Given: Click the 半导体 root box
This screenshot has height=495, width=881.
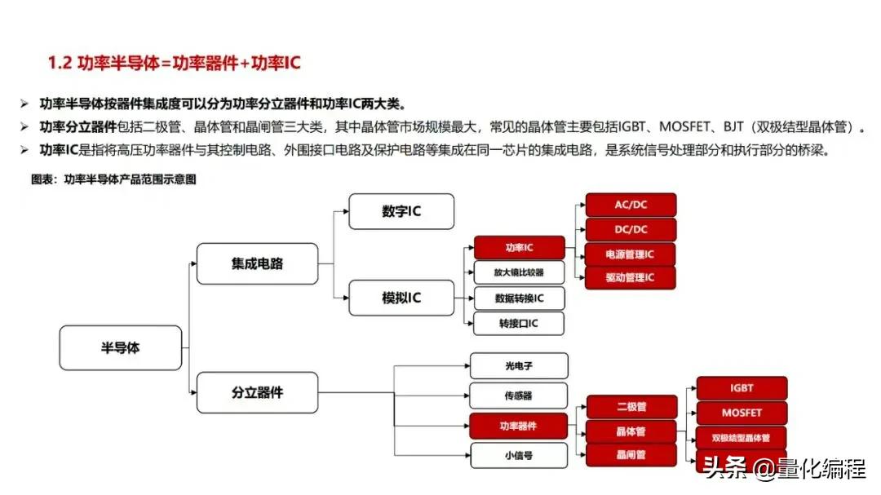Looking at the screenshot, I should pyautogui.click(x=121, y=347).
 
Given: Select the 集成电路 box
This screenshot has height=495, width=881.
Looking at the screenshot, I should pyautogui.click(x=257, y=263).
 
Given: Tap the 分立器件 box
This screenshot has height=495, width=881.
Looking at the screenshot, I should pyautogui.click(x=257, y=392).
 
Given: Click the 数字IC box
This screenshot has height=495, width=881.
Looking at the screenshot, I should pyautogui.click(x=401, y=211).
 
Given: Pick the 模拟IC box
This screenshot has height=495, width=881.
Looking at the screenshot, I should pyautogui.click(x=401, y=298).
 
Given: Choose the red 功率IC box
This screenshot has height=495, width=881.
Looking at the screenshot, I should pyautogui.click(x=520, y=247).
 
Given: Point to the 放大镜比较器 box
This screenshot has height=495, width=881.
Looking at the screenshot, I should pyautogui.click(x=520, y=272).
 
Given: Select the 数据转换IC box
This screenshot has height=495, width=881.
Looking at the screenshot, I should pyautogui.click(x=520, y=298).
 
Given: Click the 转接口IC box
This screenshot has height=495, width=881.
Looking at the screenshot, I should pyautogui.click(x=520, y=323).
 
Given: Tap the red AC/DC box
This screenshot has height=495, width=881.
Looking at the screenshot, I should pyautogui.click(x=631, y=205).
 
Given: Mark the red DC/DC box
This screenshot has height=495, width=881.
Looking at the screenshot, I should pyautogui.click(x=631, y=229).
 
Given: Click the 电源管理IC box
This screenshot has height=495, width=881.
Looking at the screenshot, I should pyautogui.click(x=631, y=254).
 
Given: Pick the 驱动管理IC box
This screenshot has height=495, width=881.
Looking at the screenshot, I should pyautogui.click(x=631, y=278).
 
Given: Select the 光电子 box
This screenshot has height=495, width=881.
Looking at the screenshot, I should pyautogui.click(x=519, y=365).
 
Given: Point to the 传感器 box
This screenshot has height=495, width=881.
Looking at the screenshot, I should pyautogui.click(x=519, y=396).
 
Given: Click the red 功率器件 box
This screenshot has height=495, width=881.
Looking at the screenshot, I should pyautogui.click(x=519, y=425).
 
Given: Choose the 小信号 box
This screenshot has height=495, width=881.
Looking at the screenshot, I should pyautogui.click(x=519, y=455).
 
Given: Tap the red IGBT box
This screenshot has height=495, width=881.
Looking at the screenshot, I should pyautogui.click(x=742, y=388).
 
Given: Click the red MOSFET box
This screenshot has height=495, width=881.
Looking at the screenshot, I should pyautogui.click(x=742, y=413).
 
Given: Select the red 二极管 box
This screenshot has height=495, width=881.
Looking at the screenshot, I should pyautogui.click(x=631, y=406).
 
